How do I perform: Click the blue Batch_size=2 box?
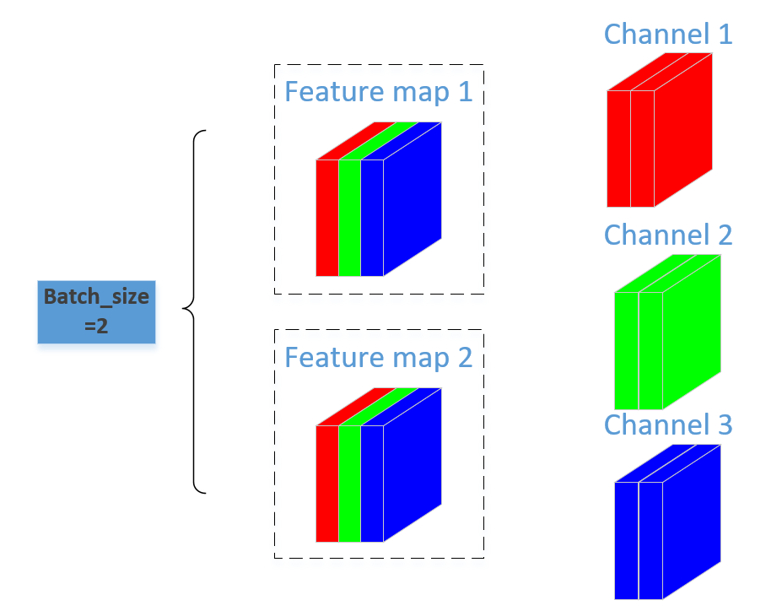tap(96, 311)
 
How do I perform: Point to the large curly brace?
tap(196, 311)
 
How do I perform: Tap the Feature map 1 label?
tap(378, 91)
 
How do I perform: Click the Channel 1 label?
tap(667, 35)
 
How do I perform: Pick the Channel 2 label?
tap(667, 235)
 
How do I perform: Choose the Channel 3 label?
tap(667, 424)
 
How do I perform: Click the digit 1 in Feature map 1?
tap(465, 91)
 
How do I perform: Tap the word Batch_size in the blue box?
tap(96, 297)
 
